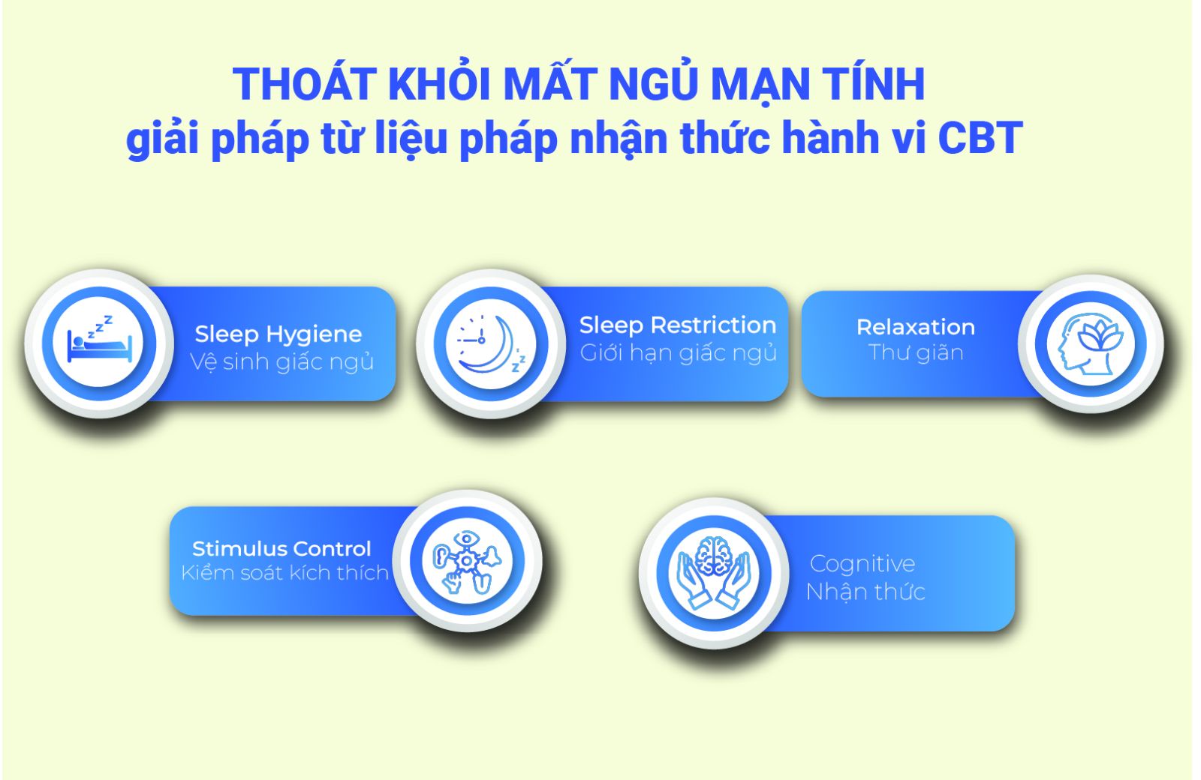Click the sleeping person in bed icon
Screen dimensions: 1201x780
click(99, 340)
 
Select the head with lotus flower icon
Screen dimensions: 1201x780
click(1090, 343)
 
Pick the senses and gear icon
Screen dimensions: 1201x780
click(467, 562)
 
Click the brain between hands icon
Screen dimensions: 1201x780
click(713, 572)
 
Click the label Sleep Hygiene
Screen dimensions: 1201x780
click(278, 334)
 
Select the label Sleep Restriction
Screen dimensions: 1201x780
click(678, 325)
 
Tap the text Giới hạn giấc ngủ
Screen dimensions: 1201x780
click(679, 353)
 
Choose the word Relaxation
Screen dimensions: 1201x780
click(916, 327)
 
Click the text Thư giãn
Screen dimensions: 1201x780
click(916, 352)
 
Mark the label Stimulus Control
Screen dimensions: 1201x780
click(281, 548)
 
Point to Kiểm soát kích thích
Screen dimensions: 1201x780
click(284, 573)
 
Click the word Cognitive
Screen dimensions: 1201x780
click(862, 563)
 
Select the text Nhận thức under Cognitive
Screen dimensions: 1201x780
click(866, 592)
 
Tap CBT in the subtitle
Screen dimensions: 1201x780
click(980, 138)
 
